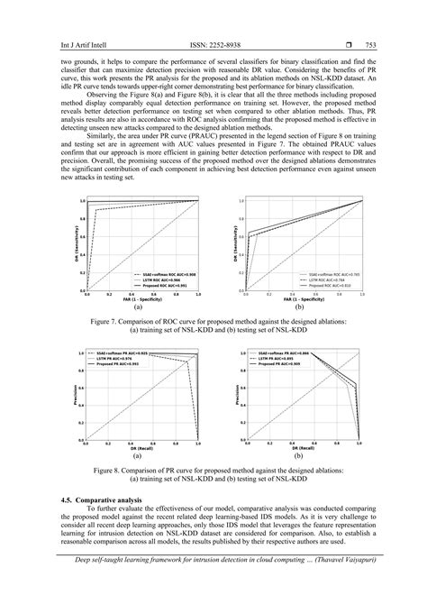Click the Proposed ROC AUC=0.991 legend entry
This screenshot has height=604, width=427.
point(168,283)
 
